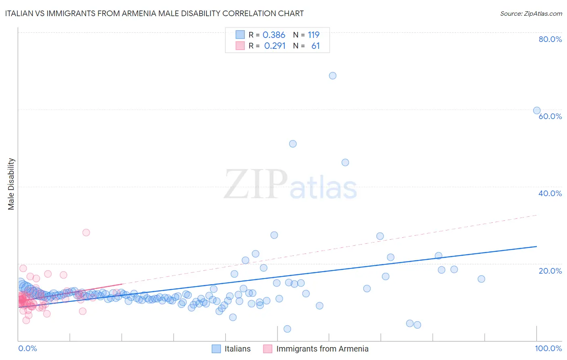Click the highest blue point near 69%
point(332,75)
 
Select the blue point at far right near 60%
point(537,111)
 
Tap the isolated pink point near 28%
point(86,232)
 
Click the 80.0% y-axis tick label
point(550,39)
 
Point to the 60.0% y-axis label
point(550,116)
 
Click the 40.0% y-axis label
point(550,193)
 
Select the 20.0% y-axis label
point(550,271)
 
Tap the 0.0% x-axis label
point(27,349)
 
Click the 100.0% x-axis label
point(548,349)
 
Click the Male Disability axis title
point(11,184)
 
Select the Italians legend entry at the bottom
point(237,349)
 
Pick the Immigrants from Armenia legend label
point(322,349)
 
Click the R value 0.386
point(274,35)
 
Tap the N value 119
point(313,35)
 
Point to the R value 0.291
point(275,46)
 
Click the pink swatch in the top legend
point(240,46)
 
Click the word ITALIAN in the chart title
point(20,13)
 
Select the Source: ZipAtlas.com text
point(531,13)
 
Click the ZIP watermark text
point(256,184)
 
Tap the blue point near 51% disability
point(293,144)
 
